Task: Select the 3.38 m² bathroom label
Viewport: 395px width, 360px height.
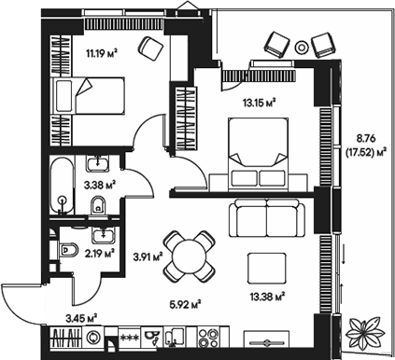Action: pos(99,185)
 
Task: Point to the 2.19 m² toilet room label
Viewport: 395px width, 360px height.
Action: pos(99,251)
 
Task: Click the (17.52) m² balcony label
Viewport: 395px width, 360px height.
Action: pos(365,151)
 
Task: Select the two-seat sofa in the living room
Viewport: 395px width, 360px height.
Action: pos(268,220)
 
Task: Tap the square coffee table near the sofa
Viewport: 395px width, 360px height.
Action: pos(266,270)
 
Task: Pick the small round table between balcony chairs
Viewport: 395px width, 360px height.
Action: pos(301,46)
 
